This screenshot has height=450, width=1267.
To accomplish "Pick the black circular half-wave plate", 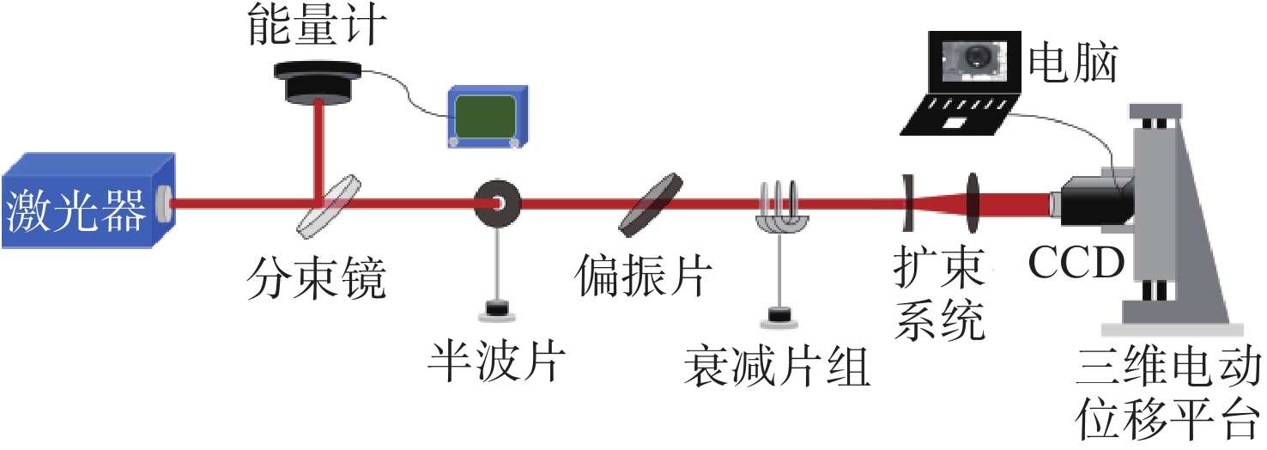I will point(498,204).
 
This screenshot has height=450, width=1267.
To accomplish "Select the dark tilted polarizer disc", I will point(651,204).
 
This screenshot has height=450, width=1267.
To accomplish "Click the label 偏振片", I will point(645,277).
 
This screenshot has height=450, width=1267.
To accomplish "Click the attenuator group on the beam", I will point(779,209).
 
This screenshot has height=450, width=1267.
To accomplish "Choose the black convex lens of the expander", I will point(973,204).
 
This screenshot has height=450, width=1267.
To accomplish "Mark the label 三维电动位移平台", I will point(1167,396).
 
